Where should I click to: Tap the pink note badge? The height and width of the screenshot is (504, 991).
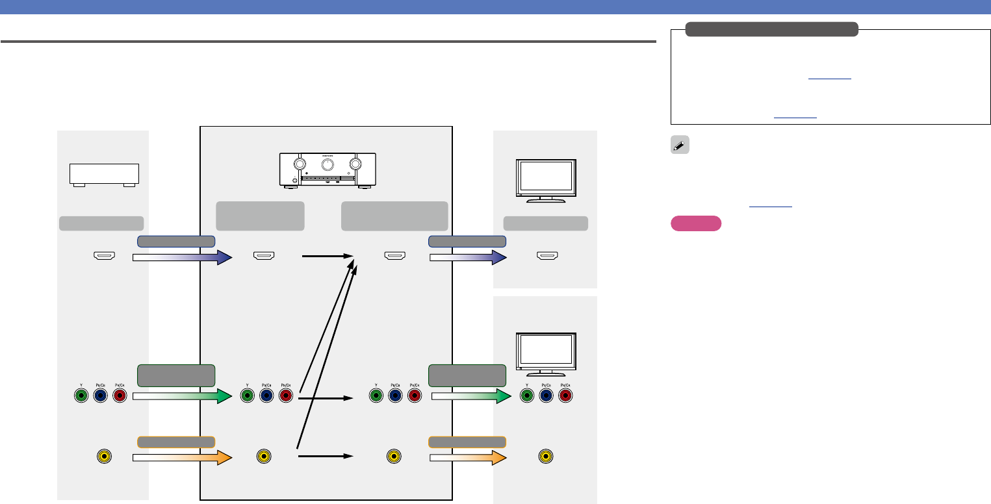pos(695,223)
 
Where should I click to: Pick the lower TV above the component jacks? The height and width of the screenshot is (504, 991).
pos(545,354)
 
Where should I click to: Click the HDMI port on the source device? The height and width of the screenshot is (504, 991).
pos(104,257)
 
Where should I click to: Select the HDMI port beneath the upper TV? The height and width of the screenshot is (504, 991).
pos(545,257)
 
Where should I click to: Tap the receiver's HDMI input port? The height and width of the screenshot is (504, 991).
pos(263,257)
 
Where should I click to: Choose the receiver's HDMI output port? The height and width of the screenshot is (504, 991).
pos(395,257)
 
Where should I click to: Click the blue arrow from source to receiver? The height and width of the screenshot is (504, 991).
pos(182,258)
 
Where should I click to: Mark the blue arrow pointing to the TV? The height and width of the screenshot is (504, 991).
pos(468,258)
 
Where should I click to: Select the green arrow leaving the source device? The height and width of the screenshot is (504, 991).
pos(182,396)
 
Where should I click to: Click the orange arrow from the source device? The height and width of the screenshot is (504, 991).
pos(182,457)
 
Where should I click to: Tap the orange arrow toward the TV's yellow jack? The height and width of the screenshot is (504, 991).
pos(468,457)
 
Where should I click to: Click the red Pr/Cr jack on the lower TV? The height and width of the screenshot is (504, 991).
pos(565,396)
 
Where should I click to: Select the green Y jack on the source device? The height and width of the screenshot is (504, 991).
pos(81,396)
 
